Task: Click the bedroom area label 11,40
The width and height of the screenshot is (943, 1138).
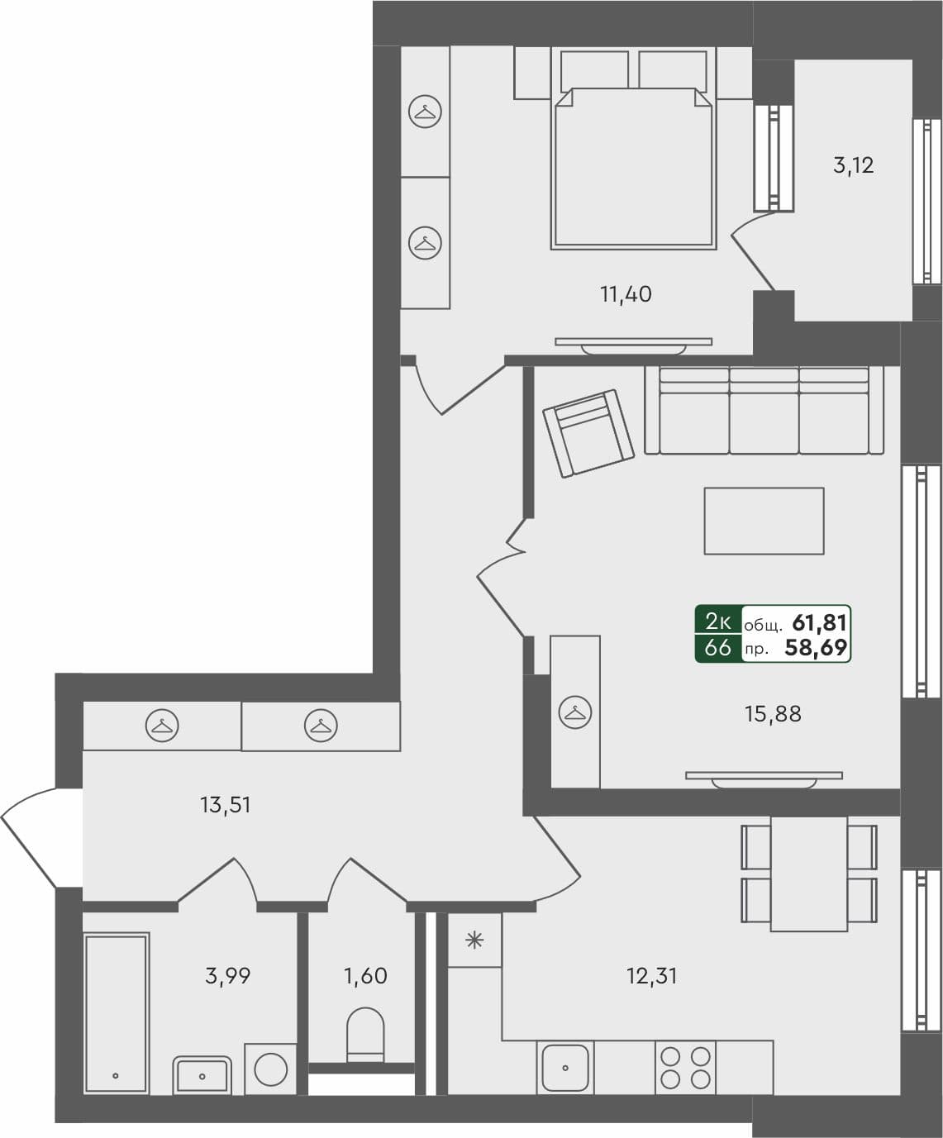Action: (626, 293)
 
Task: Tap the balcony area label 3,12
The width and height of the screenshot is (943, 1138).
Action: (853, 165)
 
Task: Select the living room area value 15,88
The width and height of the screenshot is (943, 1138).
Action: (773, 713)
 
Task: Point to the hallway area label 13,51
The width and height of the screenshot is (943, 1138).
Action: (225, 804)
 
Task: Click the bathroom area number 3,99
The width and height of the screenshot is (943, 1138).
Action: (227, 976)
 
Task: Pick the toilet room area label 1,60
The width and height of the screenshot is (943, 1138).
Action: (365, 976)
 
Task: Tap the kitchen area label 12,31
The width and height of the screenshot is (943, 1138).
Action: (652, 976)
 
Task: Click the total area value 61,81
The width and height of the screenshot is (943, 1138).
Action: (819, 622)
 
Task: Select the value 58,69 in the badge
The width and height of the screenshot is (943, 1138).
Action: (816, 648)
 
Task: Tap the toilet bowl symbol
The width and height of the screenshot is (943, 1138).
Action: (365, 1033)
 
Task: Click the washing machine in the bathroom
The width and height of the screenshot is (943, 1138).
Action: (270, 1069)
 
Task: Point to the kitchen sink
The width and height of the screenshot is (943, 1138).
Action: (565, 1067)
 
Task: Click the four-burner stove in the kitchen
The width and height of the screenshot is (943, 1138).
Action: (685, 1067)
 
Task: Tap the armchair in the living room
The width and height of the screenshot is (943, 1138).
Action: (588, 433)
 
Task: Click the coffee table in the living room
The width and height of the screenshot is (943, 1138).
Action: (764, 521)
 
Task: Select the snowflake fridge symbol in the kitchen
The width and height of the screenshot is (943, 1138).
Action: (474, 940)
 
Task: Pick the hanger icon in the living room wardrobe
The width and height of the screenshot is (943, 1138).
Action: (574, 712)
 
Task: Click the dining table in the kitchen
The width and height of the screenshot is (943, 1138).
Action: (808, 874)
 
